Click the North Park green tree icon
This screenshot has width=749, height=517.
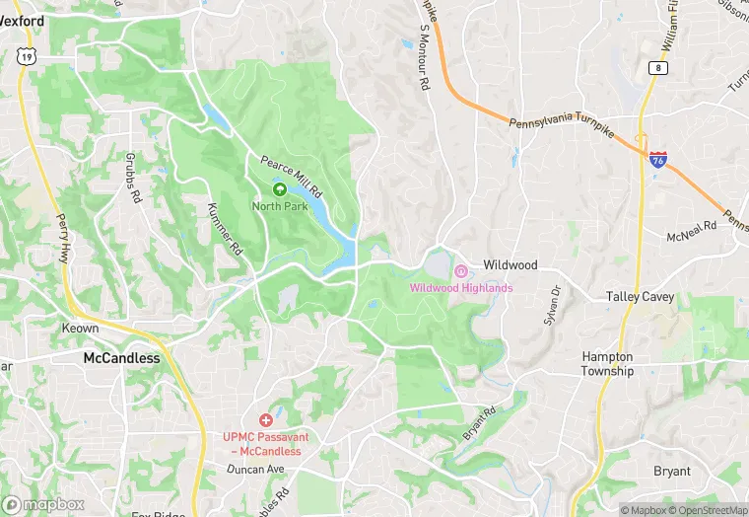(279, 189)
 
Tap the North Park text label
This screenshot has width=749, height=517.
(279, 206)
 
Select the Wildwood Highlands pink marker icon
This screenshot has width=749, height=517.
(460, 271)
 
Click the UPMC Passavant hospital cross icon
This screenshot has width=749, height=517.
(265, 420)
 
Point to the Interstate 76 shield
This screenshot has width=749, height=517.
(657, 159)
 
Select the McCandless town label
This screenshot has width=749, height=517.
(121, 358)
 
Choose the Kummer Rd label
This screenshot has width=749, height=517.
(225, 230)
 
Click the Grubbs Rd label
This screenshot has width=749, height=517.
(134, 178)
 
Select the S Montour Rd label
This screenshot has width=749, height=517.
(418, 65)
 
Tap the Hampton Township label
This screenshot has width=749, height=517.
(608, 364)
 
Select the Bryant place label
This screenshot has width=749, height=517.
(672, 471)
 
